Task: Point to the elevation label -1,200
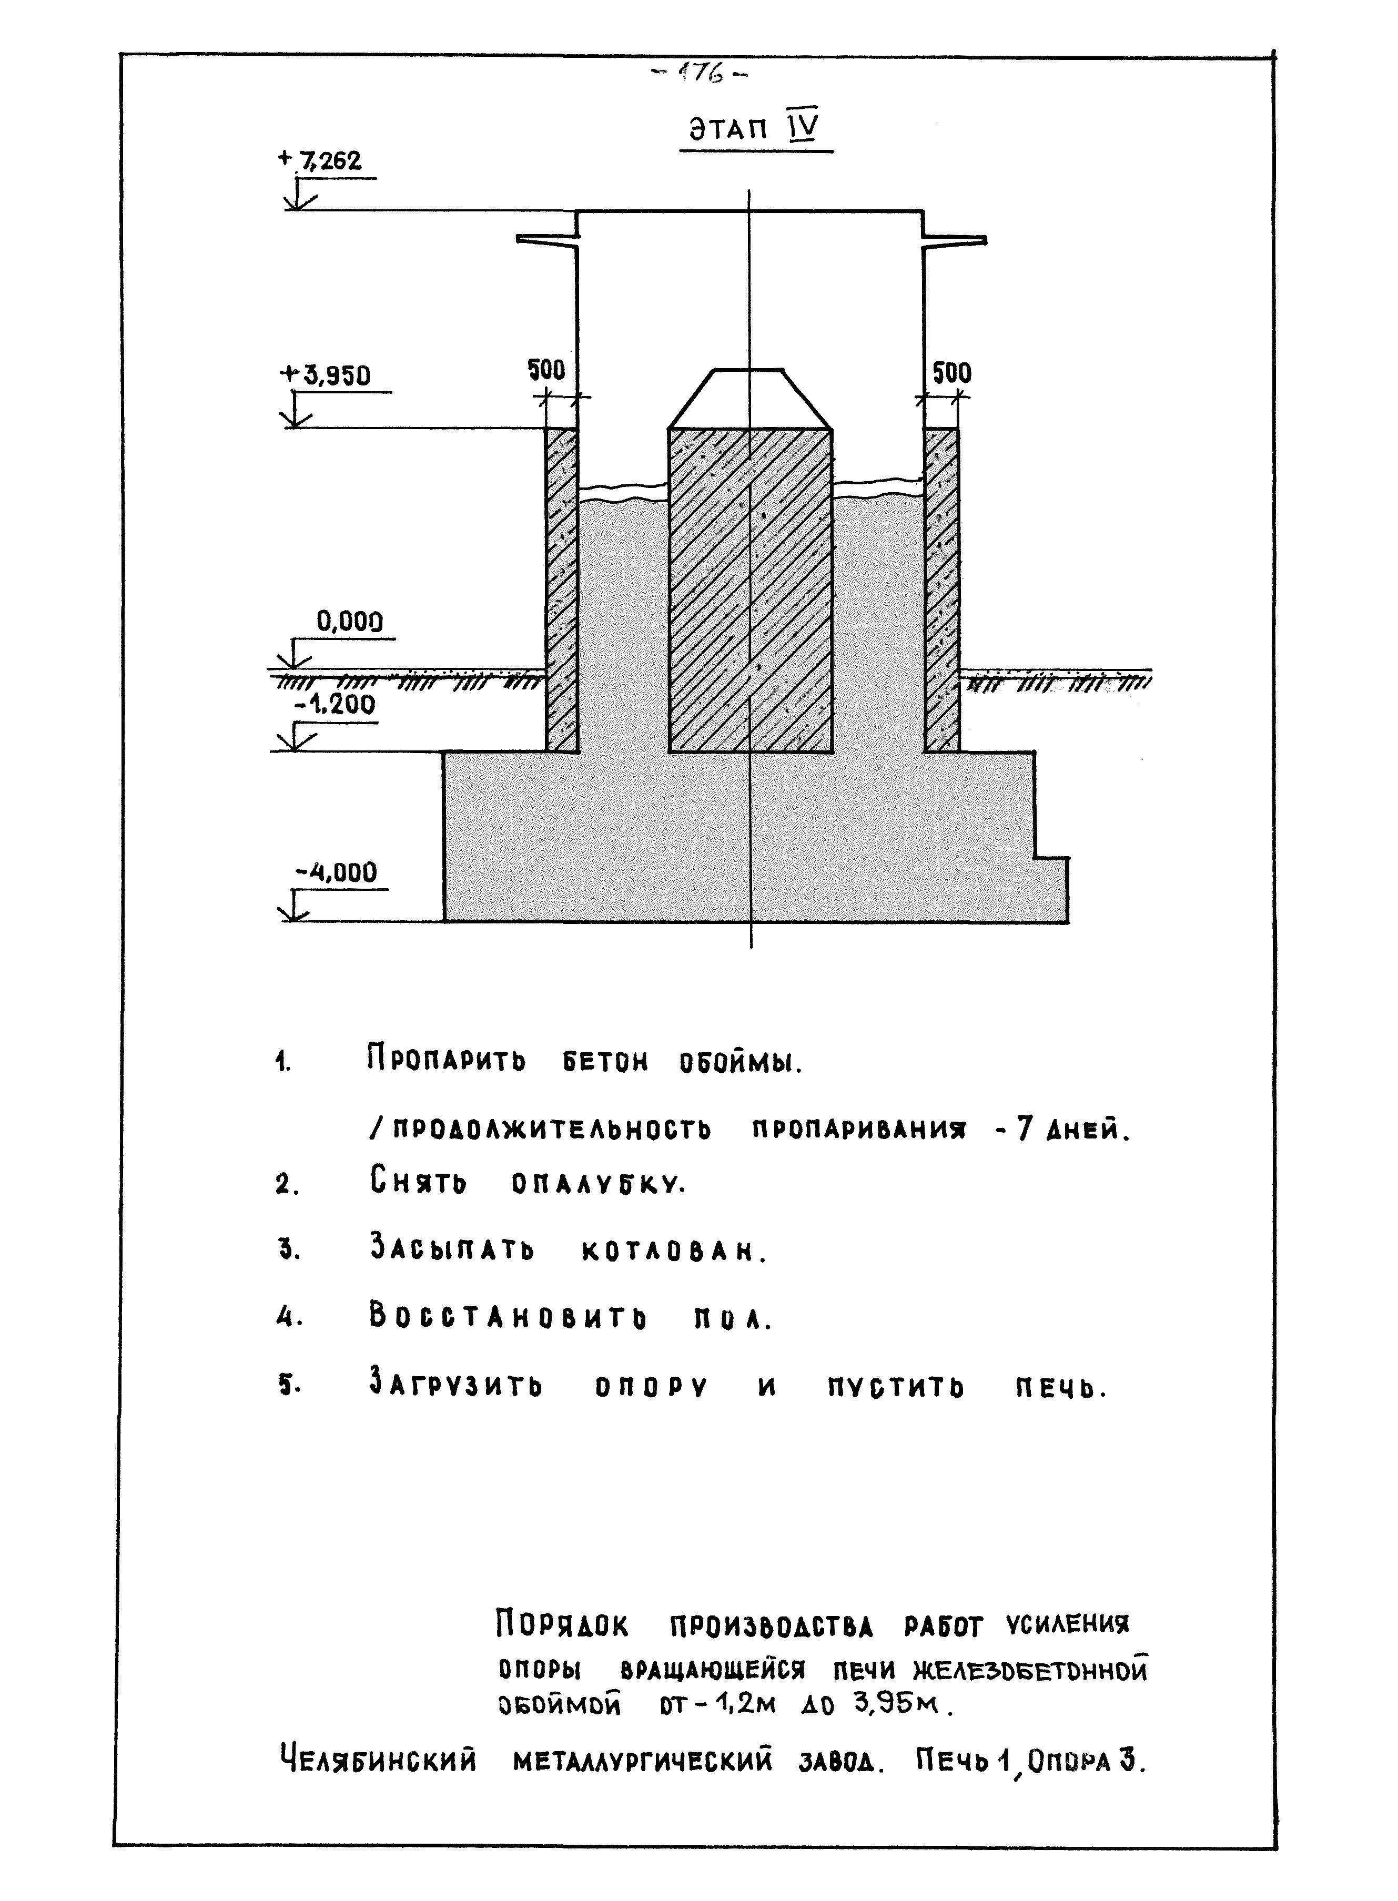coord(335,704)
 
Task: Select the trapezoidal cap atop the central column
coord(749,399)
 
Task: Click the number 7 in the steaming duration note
coord(1024,1130)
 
